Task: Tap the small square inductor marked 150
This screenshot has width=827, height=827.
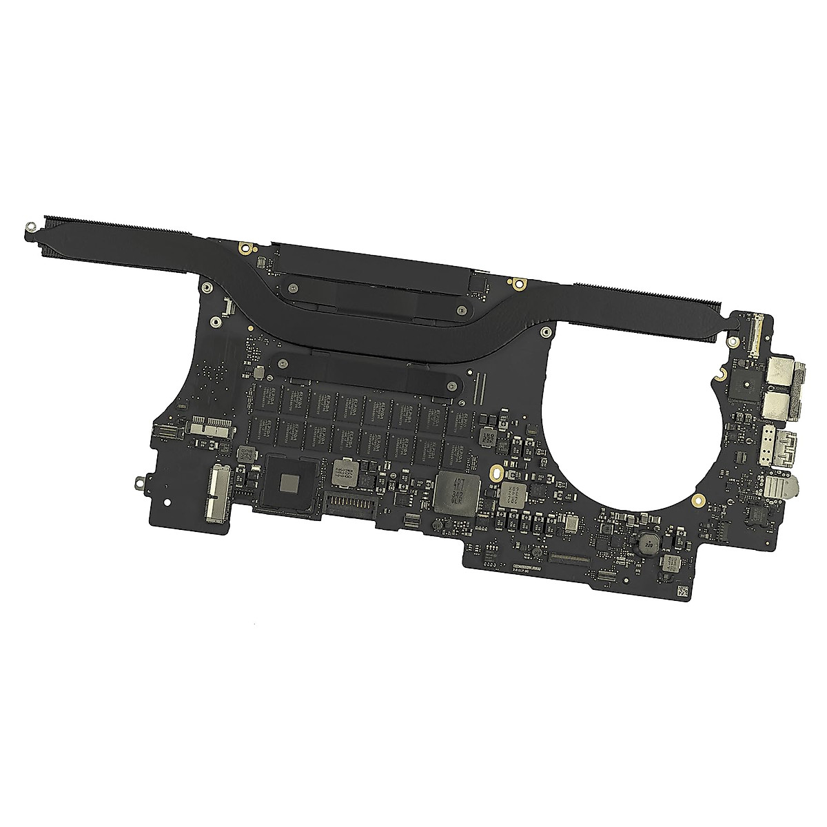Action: pos(244,453)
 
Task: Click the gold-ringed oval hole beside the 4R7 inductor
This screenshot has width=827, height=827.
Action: pos(494,473)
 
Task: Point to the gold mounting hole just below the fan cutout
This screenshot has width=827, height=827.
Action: pos(698,498)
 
